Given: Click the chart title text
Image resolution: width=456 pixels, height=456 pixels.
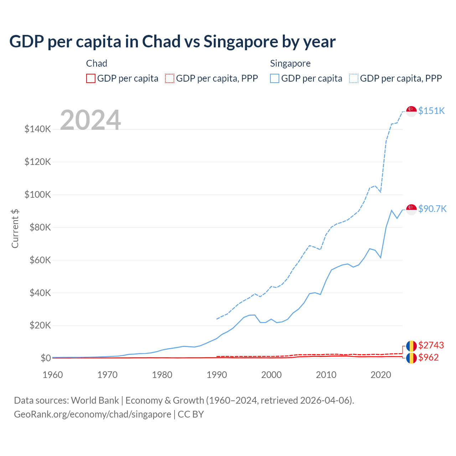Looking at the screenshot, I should [x=172, y=42].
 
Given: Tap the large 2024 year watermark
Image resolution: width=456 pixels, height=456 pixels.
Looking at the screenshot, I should [x=90, y=120].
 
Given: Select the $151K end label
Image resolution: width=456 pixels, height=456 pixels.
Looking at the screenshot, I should [x=431, y=111].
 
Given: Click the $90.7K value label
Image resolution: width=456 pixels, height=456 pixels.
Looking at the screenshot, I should [x=432, y=209].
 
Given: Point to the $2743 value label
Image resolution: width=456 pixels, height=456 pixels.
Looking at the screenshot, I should [x=431, y=345].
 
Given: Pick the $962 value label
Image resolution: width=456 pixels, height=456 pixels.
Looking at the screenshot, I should [x=428, y=357].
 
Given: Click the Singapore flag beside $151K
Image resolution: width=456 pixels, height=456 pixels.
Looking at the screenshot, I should [x=411, y=111].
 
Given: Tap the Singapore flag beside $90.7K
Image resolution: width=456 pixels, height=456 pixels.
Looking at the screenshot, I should [x=411, y=209].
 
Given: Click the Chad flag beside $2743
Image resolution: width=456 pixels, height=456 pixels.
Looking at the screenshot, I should [x=411, y=346].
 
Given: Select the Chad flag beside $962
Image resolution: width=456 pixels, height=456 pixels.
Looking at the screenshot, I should [x=411, y=358].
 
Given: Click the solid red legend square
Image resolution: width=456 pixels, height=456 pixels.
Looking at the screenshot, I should [x=91, y=78].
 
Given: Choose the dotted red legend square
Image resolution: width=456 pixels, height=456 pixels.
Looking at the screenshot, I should [x=170, y=78].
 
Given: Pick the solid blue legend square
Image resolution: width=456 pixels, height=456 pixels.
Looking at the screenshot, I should [x=275, y=78].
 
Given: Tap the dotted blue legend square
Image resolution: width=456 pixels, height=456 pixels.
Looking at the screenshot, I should [x=354, y=78].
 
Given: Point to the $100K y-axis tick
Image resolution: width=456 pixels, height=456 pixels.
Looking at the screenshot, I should [x=38, y=195].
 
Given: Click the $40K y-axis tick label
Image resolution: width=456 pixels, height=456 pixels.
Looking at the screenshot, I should [x=38, y=293].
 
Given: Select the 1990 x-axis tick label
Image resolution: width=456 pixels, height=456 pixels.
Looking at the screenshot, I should [x=217, y=375].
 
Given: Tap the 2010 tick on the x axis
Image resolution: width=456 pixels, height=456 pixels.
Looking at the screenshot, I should [x=326, y=375].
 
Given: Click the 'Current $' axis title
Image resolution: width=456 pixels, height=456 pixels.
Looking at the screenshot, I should [x=15, y=229].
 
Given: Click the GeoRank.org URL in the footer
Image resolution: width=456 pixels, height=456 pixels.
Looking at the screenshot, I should [x=93, y=414].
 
